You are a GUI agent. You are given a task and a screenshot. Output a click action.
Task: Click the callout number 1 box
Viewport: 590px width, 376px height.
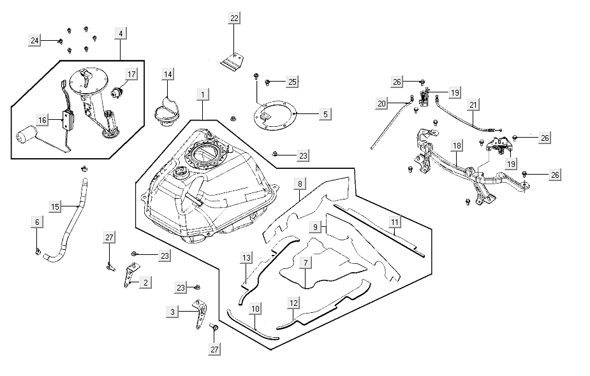203,95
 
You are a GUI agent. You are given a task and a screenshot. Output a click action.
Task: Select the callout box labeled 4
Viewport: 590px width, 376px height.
121,33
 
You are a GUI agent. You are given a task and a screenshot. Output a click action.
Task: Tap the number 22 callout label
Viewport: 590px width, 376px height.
235,18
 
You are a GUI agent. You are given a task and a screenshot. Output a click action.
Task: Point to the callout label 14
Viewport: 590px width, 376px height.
168,75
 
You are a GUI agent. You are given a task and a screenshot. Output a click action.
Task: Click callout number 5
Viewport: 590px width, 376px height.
325,114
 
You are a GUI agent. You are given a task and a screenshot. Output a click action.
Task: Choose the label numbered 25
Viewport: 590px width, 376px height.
293,82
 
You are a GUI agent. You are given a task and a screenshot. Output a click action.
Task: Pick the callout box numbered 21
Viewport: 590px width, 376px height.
473,105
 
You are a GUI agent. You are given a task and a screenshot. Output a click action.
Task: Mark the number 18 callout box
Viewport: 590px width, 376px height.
457,146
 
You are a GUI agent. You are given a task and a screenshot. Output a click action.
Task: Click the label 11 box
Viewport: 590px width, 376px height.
395,222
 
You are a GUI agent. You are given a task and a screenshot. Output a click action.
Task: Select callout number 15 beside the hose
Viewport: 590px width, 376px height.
55,206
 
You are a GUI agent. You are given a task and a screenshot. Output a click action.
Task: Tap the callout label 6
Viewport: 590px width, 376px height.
37,222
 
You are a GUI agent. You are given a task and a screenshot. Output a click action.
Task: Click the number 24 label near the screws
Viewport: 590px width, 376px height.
35,41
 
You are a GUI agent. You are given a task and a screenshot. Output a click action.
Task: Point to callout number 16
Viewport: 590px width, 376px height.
43,120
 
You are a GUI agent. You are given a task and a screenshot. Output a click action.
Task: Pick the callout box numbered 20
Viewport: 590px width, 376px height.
382,104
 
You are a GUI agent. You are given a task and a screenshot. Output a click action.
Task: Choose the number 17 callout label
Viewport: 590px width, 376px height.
131,75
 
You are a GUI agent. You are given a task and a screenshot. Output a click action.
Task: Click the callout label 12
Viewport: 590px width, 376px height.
293,303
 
